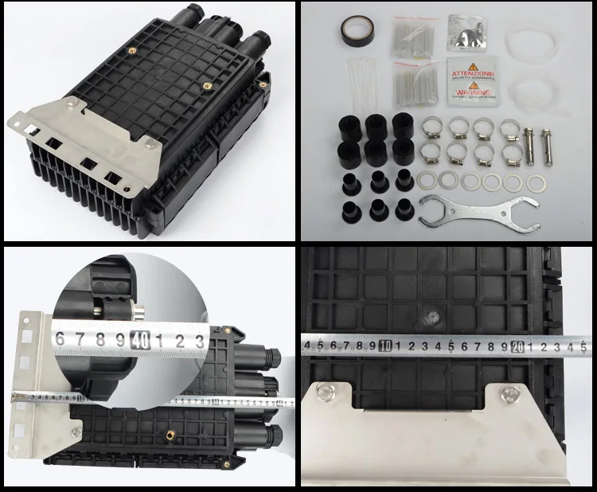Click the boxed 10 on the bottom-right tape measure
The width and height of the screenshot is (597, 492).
pos(385,345)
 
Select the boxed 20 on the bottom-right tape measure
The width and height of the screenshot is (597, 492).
pos(517,345)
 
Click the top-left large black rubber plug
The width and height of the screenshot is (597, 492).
pos(348,124)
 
